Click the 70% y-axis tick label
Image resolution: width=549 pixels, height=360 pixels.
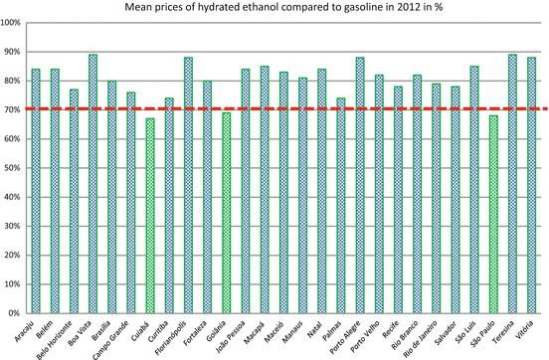tap(14, 109)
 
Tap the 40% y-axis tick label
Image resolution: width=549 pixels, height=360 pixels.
tap(14, 197)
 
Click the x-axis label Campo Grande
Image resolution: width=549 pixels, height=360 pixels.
tap(118, 337)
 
